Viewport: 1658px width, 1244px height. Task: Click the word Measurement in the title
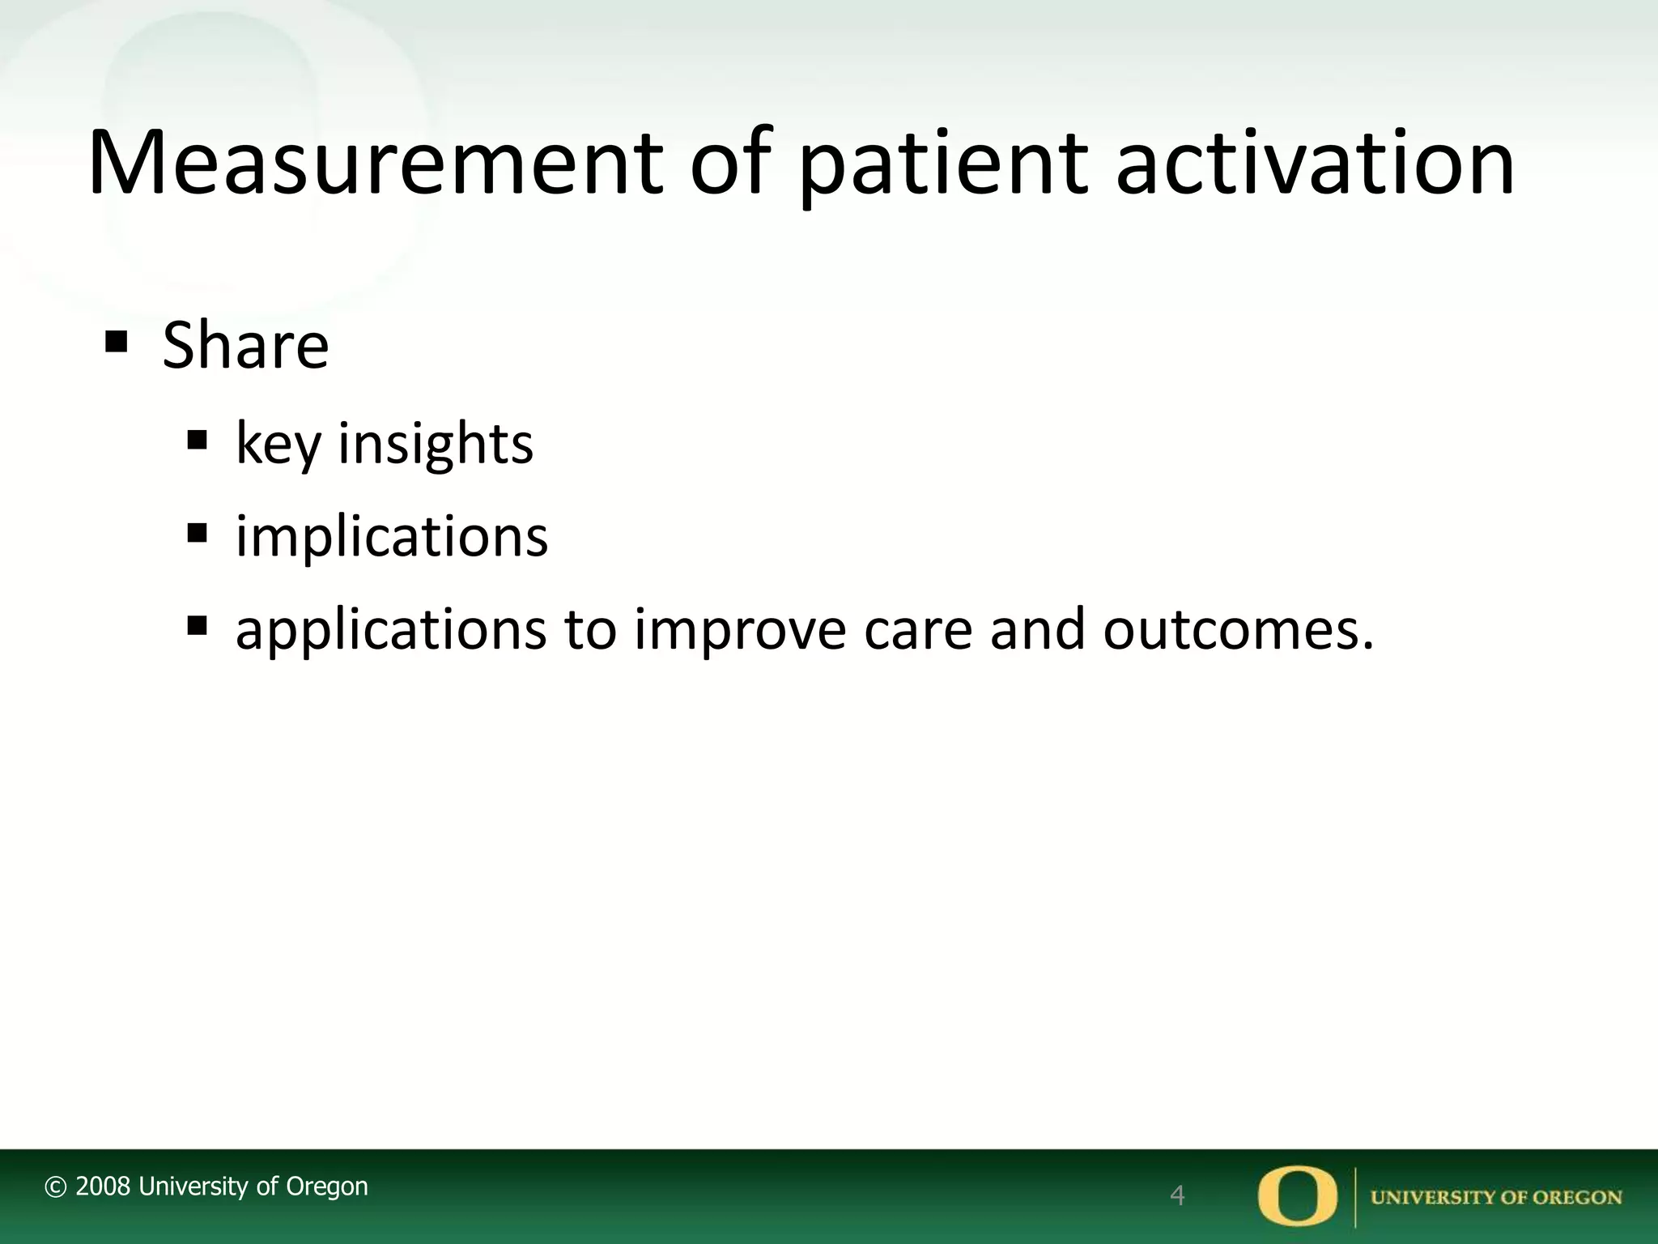375,164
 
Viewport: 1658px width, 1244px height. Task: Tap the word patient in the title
942,164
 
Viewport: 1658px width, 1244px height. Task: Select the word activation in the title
1315,164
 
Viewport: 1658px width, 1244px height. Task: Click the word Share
245,346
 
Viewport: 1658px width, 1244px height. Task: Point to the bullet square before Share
117,343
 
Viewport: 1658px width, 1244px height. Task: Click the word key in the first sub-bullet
278,445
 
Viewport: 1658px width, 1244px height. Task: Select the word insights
436,445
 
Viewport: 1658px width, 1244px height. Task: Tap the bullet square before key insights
198,441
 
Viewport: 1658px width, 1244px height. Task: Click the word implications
392,537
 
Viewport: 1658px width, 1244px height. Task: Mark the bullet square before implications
198,534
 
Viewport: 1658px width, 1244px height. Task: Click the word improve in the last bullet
740,629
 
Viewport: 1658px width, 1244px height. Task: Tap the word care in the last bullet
918,629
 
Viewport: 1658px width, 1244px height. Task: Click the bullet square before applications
198,625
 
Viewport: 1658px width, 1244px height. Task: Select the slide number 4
1178,1195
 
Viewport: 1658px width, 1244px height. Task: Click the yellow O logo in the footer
1298,1195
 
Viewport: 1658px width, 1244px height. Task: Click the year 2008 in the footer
103,1186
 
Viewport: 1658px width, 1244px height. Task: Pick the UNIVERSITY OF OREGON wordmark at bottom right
1496,1197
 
